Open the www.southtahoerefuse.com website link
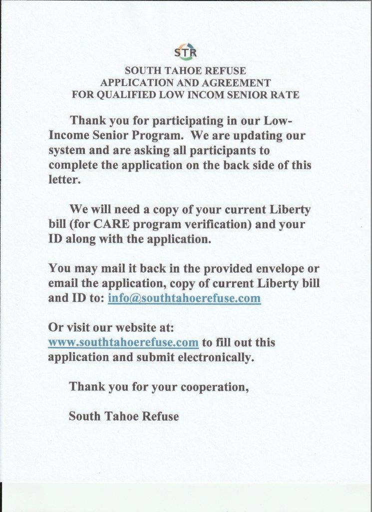[x=124, y=343]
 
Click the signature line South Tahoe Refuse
[x=123, y=415]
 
